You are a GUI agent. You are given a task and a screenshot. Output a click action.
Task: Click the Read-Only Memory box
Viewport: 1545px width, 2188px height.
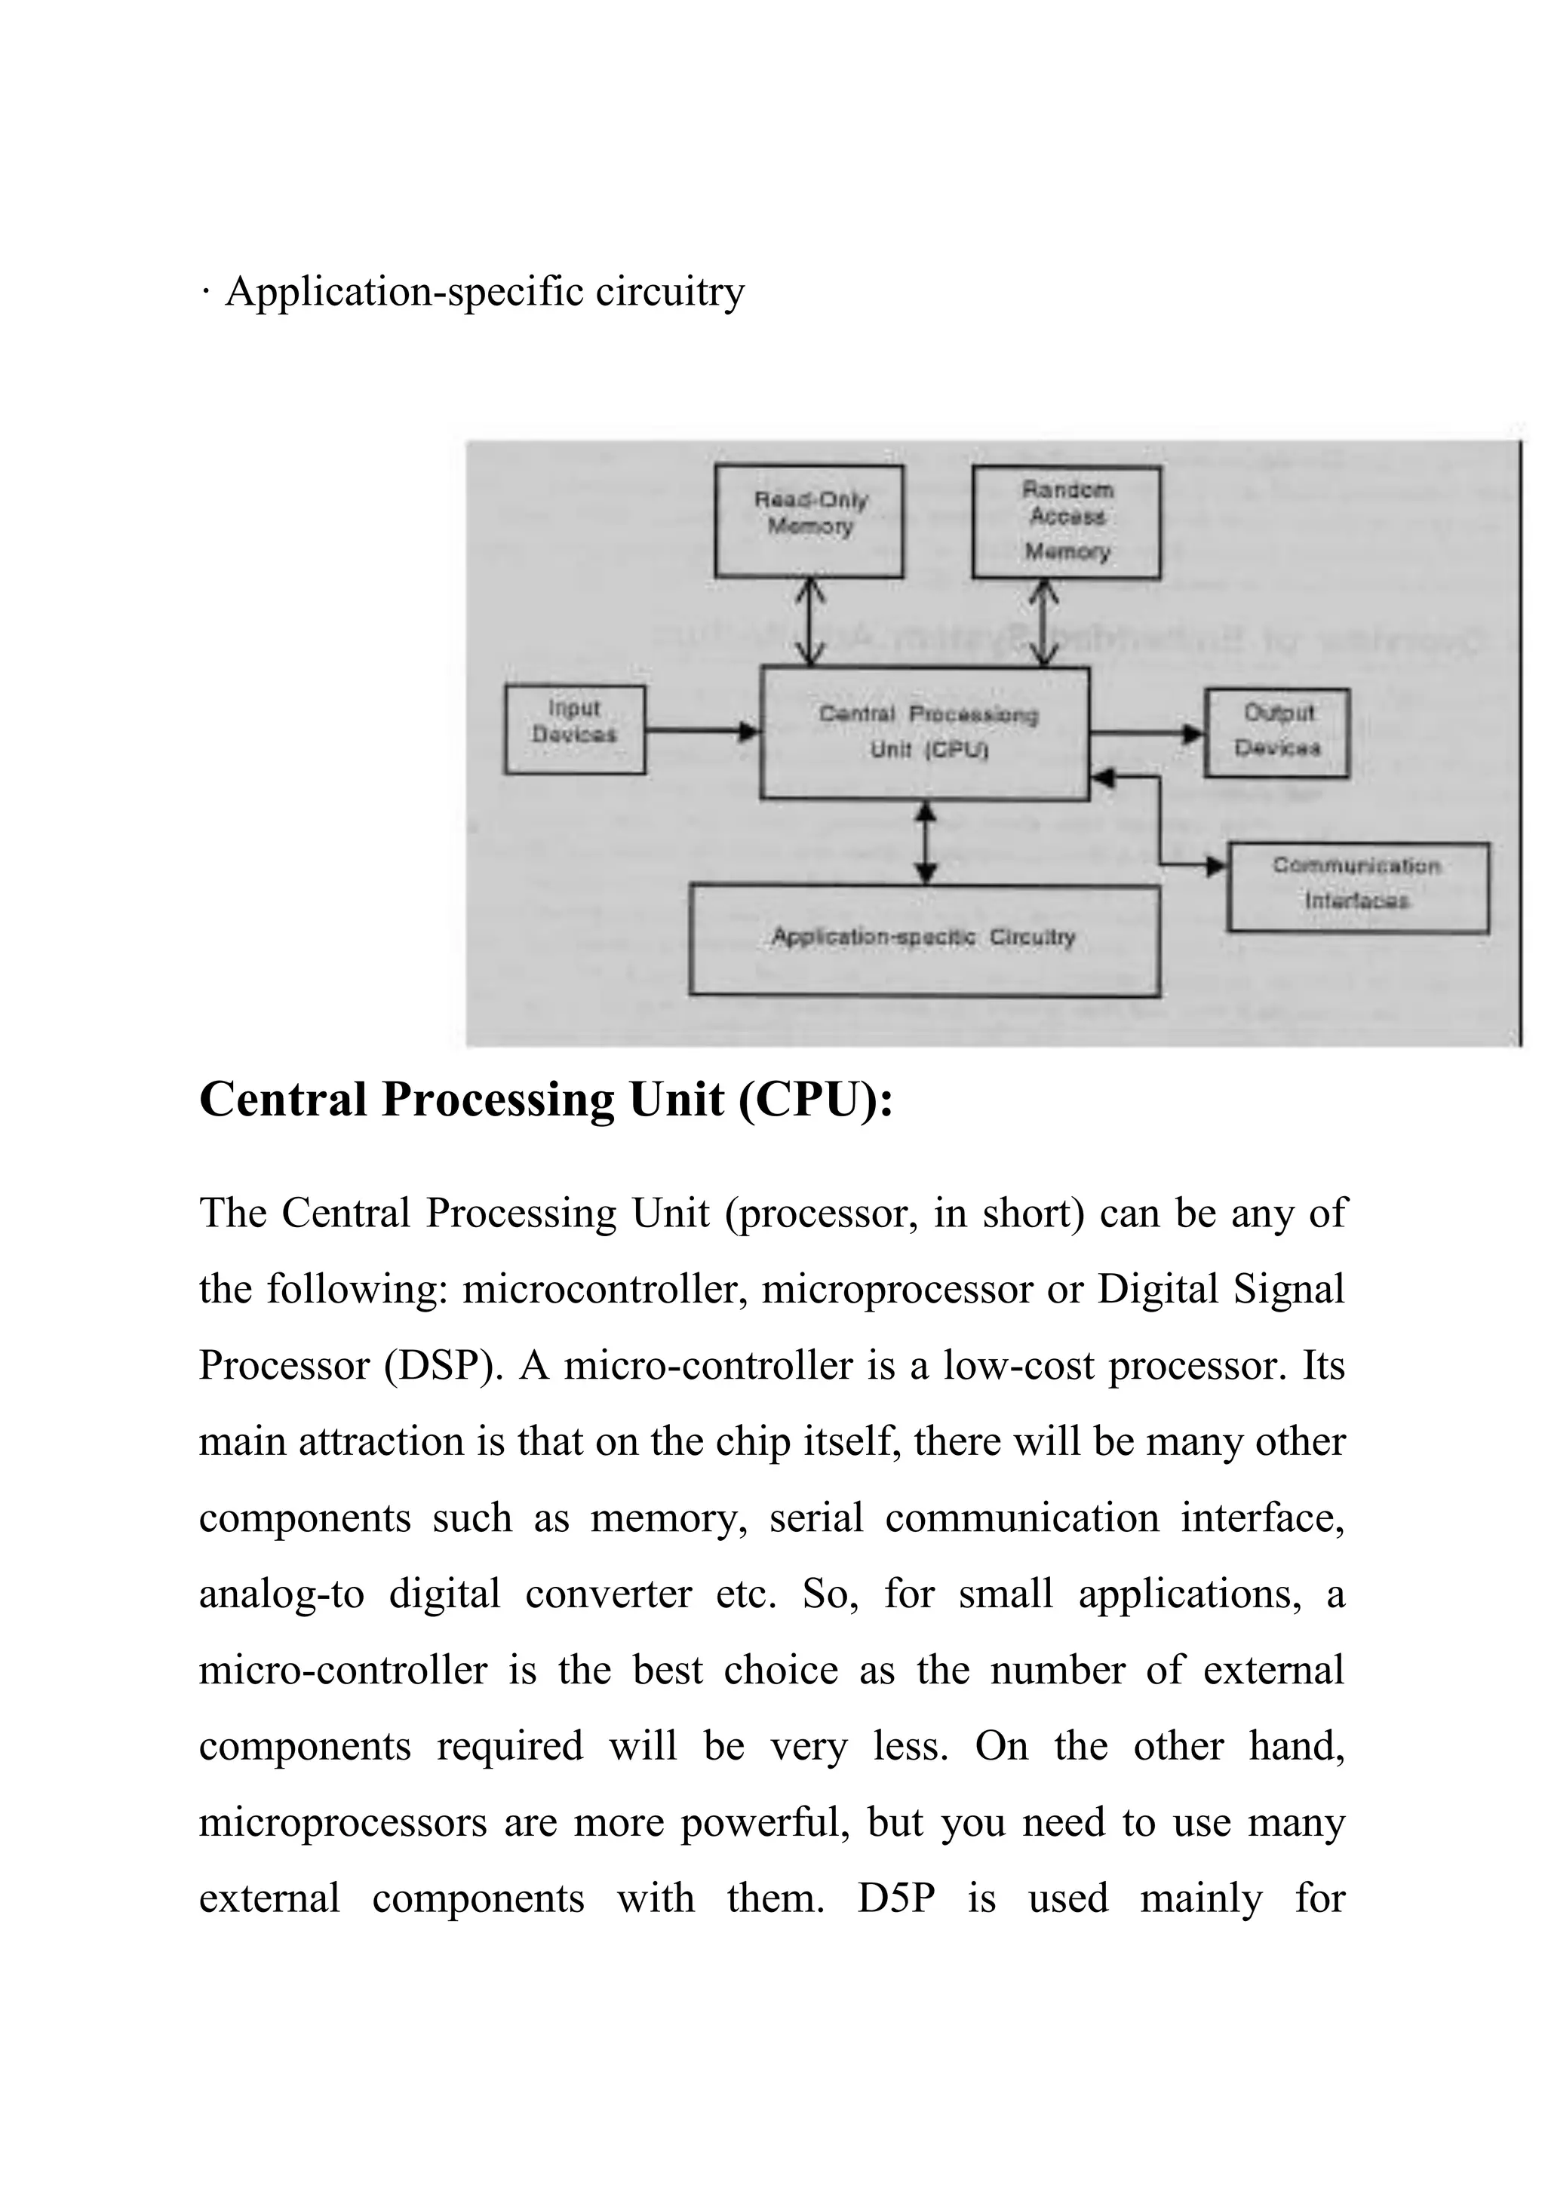809,520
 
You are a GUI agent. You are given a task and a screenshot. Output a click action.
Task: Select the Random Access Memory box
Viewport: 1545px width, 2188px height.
1066,522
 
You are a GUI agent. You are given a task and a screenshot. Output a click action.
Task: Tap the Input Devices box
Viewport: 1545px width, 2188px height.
575,729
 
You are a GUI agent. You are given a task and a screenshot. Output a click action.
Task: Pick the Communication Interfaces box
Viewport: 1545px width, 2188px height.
1357,886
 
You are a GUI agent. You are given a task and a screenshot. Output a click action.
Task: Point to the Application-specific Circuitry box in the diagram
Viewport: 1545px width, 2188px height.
923,940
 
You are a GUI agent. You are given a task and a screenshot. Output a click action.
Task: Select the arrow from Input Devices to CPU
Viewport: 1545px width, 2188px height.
702,731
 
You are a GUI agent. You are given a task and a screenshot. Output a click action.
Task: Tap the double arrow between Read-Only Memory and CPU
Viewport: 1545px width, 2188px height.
809,622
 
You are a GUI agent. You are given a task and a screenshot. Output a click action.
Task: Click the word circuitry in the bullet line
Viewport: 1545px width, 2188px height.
670,292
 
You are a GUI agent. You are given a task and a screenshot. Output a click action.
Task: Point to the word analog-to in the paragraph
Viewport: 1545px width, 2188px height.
281,1594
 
